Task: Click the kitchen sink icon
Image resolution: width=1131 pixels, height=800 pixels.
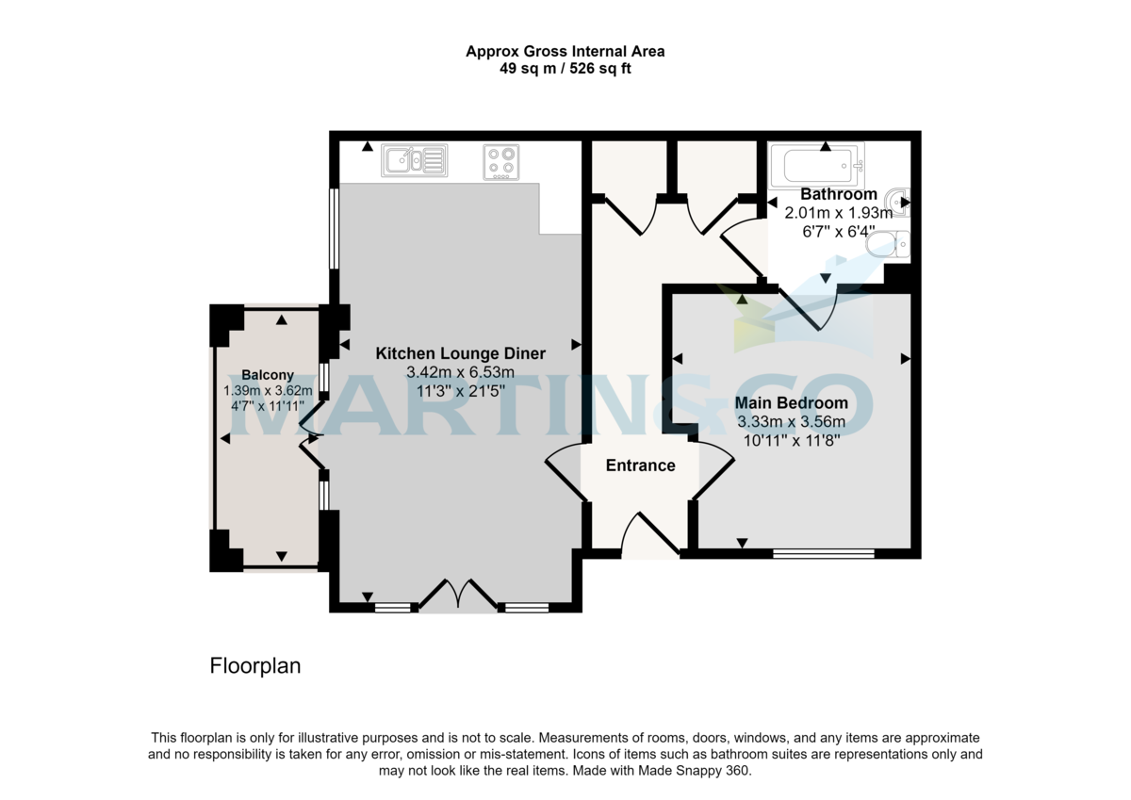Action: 414,160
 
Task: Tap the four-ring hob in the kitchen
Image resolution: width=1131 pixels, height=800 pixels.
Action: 500,161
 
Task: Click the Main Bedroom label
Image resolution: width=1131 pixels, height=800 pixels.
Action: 791,403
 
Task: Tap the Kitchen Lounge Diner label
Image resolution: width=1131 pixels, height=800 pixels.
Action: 460,354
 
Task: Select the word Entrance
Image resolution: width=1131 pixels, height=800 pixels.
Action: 640,465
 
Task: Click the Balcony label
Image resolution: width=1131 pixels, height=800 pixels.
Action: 268,375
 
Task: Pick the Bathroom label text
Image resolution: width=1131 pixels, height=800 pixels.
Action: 838,195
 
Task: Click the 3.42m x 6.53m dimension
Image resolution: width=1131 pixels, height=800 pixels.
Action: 460,373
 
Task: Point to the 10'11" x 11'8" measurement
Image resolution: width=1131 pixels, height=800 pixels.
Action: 791,439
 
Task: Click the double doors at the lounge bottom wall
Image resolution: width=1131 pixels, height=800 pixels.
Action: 458,596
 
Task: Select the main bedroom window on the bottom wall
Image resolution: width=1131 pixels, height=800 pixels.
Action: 823,554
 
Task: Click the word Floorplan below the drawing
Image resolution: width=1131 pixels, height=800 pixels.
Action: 254,666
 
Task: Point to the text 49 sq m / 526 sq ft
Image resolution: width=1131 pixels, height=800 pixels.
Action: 565,69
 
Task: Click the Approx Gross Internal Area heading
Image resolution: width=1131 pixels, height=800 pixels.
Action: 565,52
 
